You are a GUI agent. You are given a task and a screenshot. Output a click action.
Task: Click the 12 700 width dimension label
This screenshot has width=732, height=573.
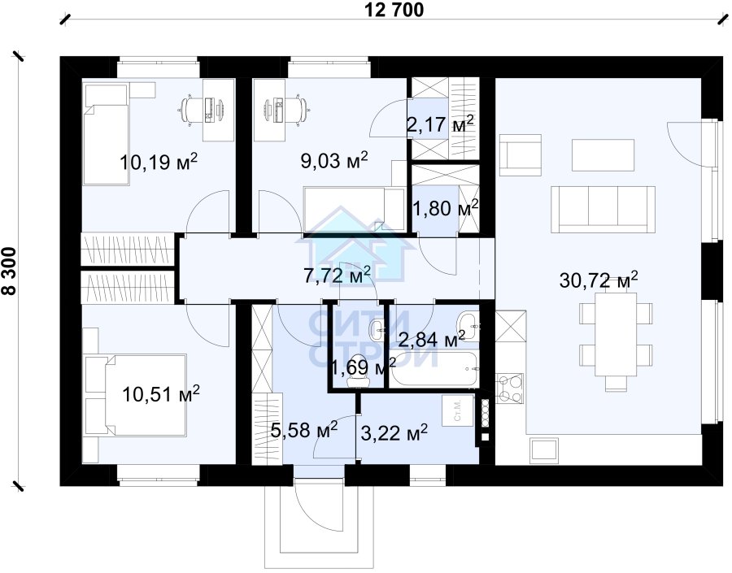coord(394,10)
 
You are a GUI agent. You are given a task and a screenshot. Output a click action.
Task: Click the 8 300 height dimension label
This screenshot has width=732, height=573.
coord(9,271)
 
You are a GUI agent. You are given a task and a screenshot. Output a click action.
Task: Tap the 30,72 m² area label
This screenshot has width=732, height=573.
coord(599,280)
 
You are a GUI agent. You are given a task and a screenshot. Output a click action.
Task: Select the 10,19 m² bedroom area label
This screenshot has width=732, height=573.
coord(159,162)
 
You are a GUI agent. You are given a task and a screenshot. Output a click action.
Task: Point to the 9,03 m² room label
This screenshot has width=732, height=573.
coord(334,160)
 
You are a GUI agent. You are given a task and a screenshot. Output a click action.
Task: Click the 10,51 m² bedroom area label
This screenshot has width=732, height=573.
coord(161,394)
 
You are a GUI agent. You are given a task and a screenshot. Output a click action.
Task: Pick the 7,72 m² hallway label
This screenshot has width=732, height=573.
coord(337,276)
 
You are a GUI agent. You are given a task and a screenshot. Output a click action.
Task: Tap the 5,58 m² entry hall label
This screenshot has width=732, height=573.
coord(304,430)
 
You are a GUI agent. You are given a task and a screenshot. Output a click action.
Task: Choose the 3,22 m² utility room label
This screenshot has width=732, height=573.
coord(394,432)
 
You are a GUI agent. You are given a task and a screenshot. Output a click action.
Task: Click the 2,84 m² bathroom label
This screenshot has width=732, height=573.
coord(431,339)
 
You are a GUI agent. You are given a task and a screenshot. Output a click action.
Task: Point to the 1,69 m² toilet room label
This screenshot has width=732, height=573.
coord(364,367)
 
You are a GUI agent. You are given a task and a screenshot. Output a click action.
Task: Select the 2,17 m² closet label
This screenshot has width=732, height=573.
coord(441,124)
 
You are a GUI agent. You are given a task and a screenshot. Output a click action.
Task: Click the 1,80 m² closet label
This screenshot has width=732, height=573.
coord(446,207)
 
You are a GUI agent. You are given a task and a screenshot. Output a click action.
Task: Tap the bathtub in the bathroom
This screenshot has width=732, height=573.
coord(434,369)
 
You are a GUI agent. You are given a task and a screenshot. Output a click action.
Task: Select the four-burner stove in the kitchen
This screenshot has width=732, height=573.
coord(510,389)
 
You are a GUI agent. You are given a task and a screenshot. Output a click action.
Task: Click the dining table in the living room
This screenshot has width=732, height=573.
coord(616,335)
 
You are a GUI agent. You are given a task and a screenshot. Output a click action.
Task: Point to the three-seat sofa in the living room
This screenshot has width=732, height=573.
coord(603,209)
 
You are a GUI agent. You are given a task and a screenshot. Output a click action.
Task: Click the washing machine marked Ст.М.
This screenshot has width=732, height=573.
coord(458,410)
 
